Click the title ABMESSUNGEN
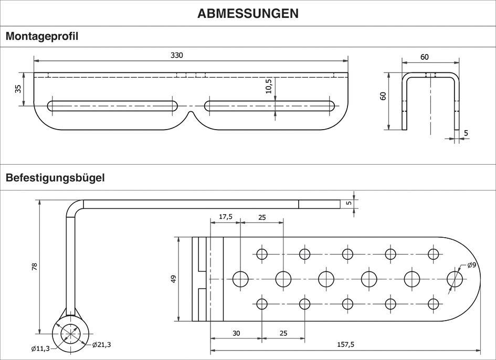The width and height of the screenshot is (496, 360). [248, 13]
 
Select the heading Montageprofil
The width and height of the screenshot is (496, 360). [42, 36]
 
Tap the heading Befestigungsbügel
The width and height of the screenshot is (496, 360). [55, 177]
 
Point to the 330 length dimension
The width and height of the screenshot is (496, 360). [177, 55]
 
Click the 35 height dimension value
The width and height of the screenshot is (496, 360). [18, 89]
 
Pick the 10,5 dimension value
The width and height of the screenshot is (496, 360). [269, 86]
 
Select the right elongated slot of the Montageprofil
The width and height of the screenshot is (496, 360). [270, 105]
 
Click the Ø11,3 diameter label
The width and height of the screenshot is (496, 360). [41, 348]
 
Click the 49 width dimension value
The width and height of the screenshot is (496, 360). [174, 279]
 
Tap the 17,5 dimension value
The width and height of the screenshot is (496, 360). [226, 216]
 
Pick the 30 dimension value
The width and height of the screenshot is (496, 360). [236, 333]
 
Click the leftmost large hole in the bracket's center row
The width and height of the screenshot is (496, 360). [241, 279]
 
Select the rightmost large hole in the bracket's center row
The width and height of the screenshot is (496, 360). [455, 279]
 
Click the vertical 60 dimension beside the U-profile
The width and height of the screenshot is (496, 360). [383, 96]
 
